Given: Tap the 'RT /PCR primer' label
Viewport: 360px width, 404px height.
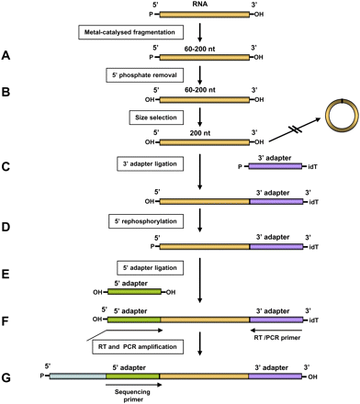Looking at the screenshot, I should tap(279, 336).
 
